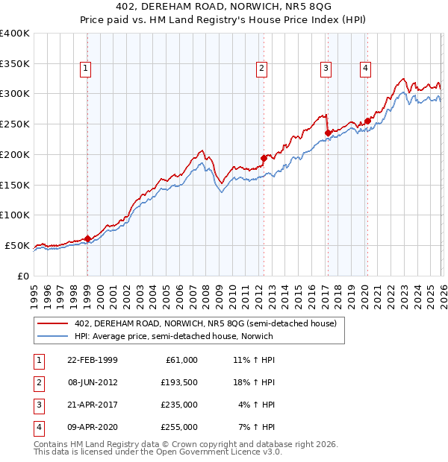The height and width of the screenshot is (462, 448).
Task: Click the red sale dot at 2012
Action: pos(263,158)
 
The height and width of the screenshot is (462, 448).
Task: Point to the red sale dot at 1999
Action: pos(87,238)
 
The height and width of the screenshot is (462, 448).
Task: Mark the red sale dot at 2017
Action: pos(327,133)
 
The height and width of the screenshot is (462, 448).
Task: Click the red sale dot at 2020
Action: pos(367,121)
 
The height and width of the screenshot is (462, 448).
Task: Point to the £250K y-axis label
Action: pos(15,124)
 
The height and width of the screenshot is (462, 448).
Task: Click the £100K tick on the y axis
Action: pos(15,215)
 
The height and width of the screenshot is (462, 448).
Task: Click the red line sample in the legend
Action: pos(52,323)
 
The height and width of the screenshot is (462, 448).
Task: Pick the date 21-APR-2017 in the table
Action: pos(92,405)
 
